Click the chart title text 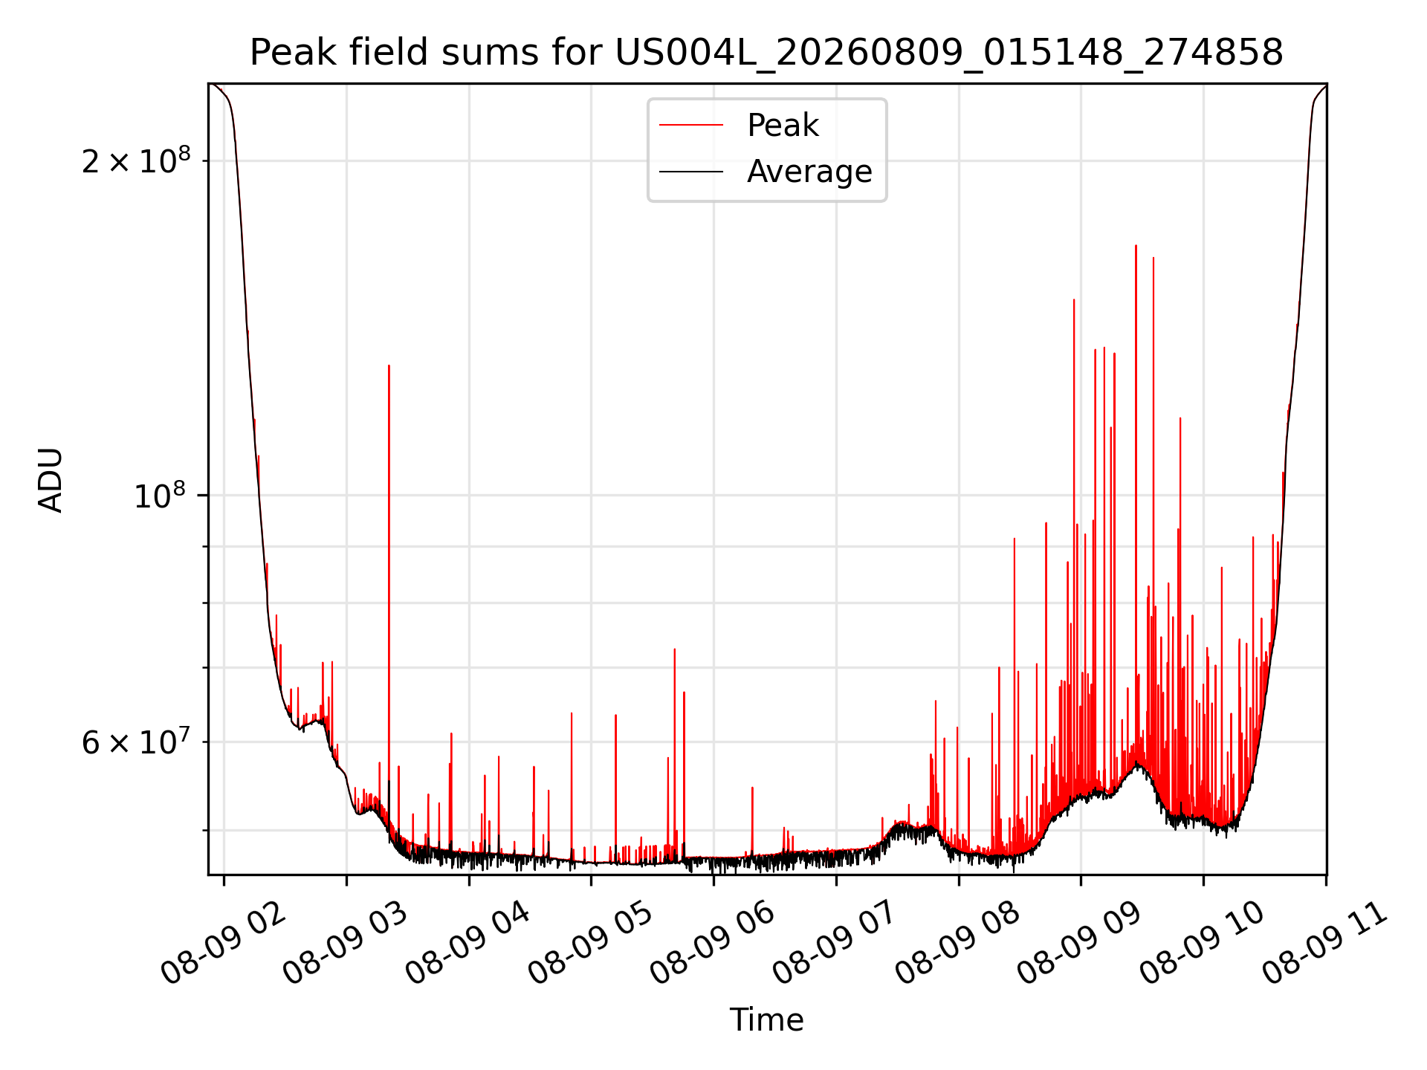click(766, 53)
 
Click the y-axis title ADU click(51, 480)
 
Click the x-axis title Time click(766, 1020)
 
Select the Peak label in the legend click(783, 125)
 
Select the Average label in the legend click(809, 172)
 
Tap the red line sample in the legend click(691, 126)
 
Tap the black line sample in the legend click(691, 172)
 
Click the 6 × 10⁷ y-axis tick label click(136, 741)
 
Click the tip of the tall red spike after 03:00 click(389, 366)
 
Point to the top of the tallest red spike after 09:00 click(1136, 245)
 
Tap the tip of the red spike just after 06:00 click(752, 788)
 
